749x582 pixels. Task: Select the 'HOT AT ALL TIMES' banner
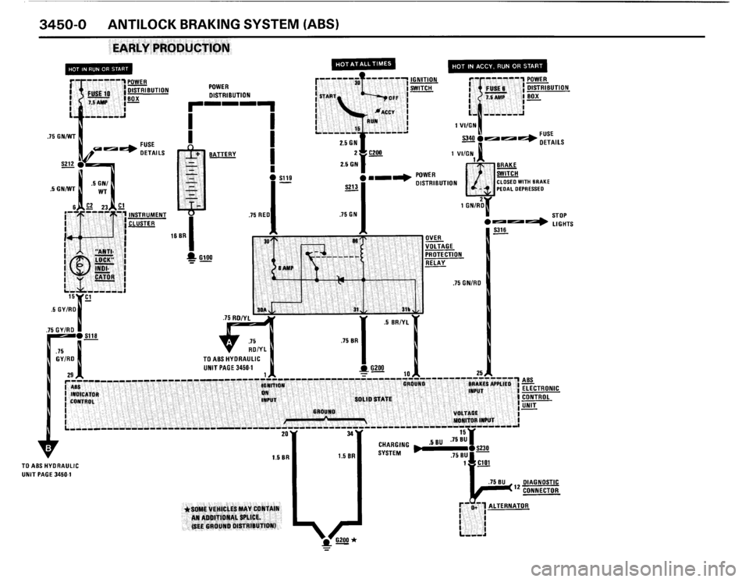[364, 63]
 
